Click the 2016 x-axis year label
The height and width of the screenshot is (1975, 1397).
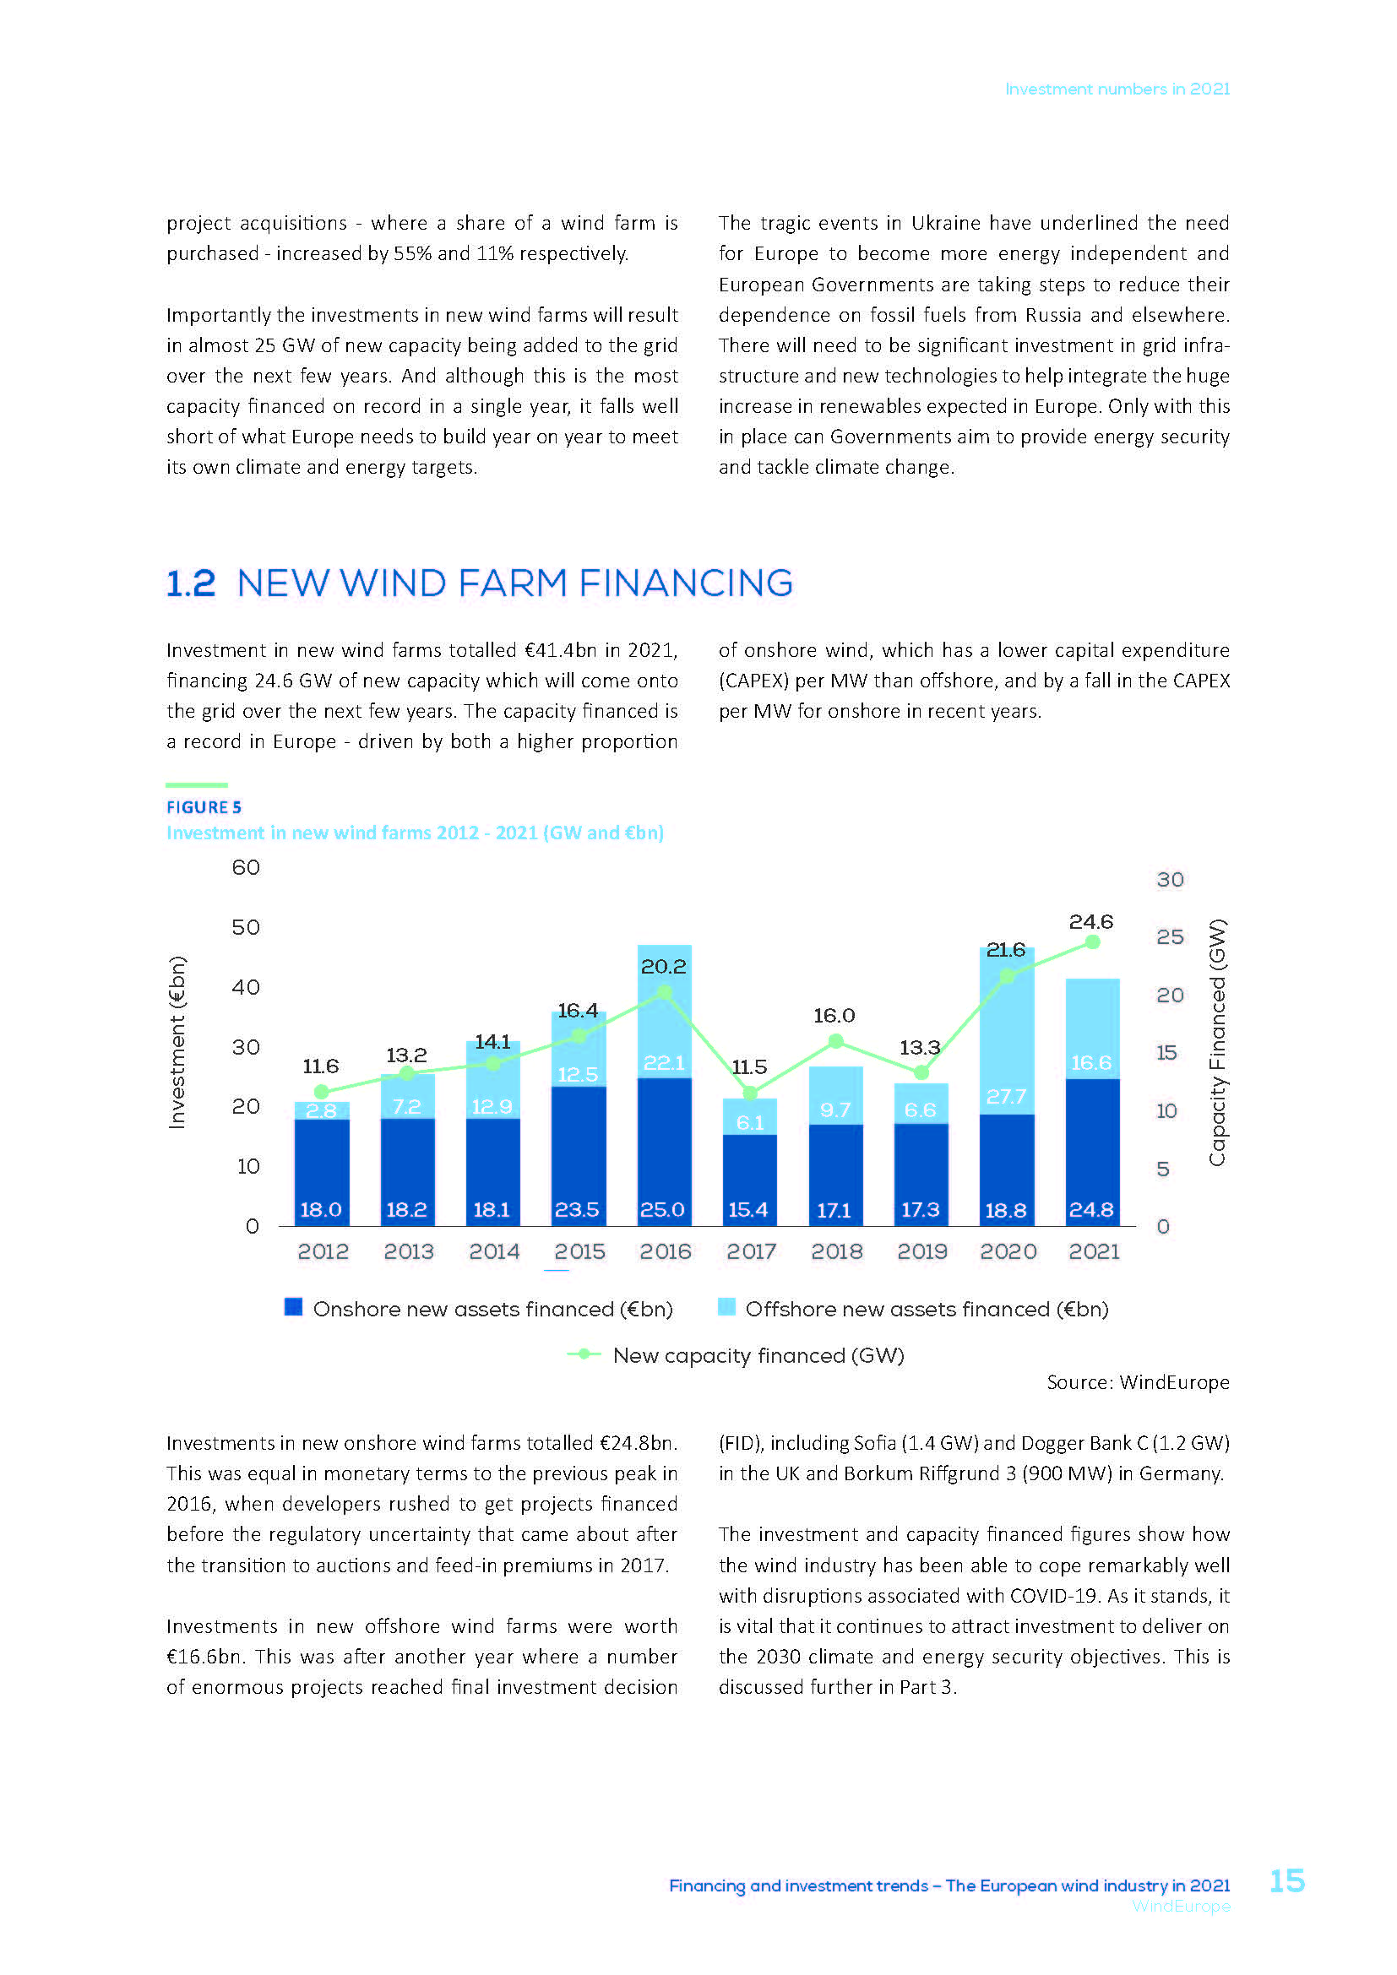pyautogui.click(x=665, y=1251)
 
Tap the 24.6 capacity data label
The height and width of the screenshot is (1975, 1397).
pyautogui.click(x=1090, y=921)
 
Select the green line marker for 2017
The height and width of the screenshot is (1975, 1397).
pyautogui.click(x=750, y=1093)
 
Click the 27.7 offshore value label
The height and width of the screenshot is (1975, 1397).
pyautogui.click(x=1006, y=1096)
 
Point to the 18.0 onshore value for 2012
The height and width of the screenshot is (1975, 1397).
pyautogui.click(x=321, y=1209)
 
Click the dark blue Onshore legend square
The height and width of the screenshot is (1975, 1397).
pyautogui.click(x=293, y=1307)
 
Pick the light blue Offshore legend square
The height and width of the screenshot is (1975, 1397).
pyautogui.click(x=727, y=1307)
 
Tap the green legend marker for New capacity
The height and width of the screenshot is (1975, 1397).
pyautogui.click(x=584, y=1354)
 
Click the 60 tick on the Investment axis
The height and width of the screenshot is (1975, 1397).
pyautogui.click(x=246, y=867)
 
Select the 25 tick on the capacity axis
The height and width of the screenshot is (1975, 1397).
pyautogui.click(x=1170, y=936)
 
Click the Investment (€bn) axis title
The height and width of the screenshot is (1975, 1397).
pyautogui.click(x=177, y=1042)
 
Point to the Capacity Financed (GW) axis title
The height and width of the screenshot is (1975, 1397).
pyautogui.click(x=1216, y=1042)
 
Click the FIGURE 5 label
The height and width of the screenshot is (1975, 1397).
pyautogui.click(x=204, y=807)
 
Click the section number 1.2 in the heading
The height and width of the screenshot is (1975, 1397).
pyautogui.click(x=191, y=583)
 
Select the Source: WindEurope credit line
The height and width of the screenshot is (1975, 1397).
pyautogui.click(x=1137, y=1382)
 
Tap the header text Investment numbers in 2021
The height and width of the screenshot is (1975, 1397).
pyautogui.click(x=1117, y=89)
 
